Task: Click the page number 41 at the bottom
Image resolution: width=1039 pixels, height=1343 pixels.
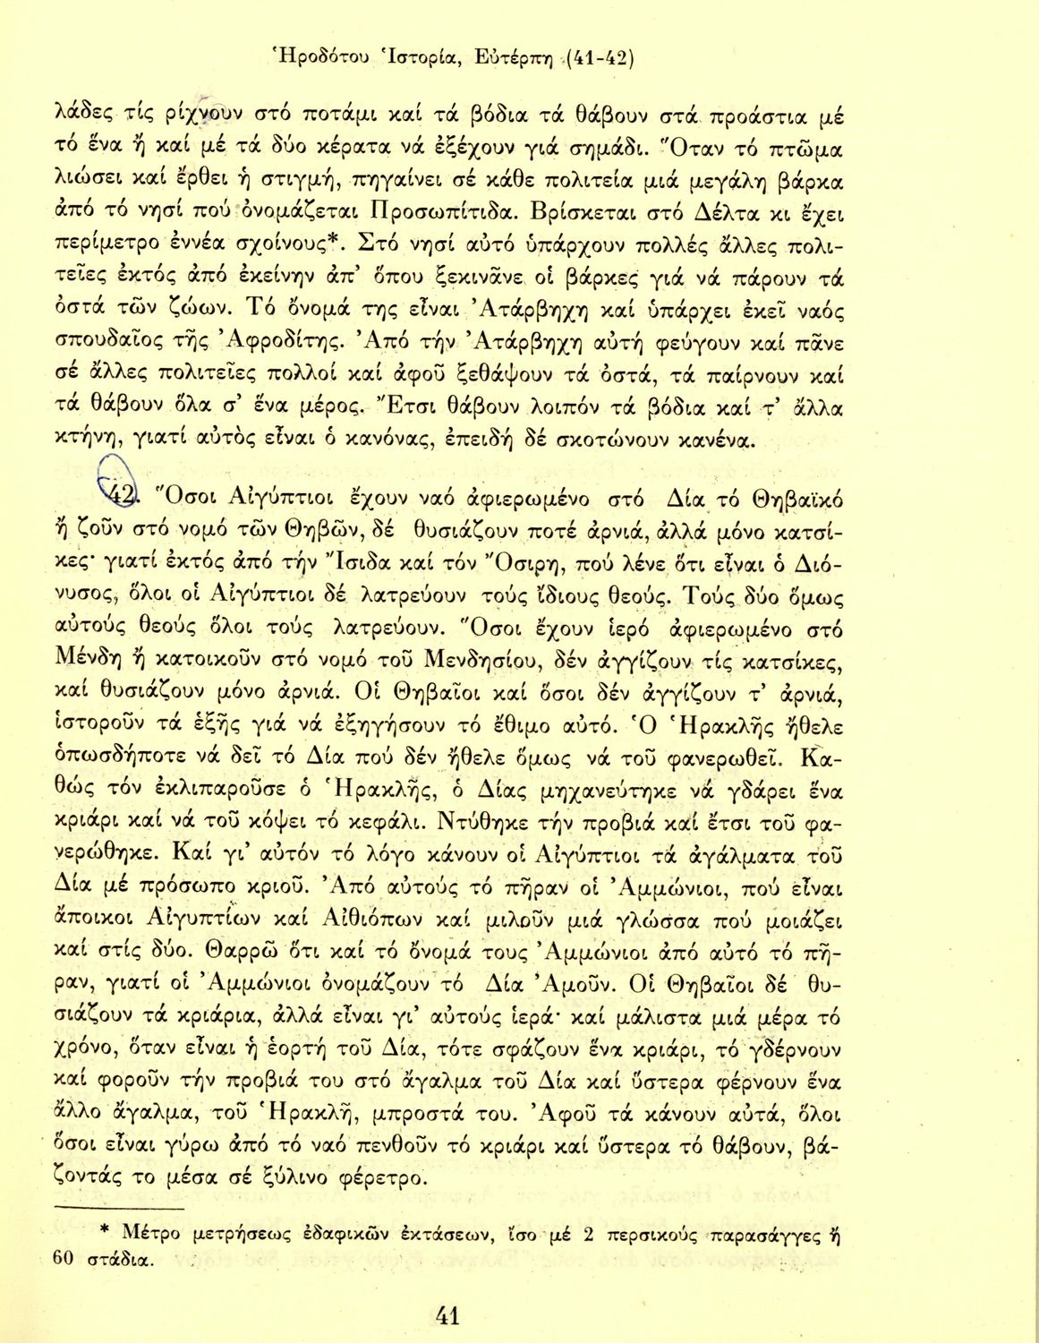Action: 447,1315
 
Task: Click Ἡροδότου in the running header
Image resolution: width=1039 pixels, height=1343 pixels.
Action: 319,60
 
